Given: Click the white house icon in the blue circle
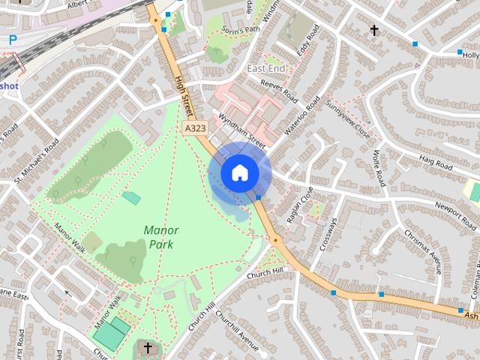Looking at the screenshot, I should [239, 172].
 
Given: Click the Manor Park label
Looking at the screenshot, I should [162, 236].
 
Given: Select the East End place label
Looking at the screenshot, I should [266, 69].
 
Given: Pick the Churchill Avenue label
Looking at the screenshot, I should [235, 334].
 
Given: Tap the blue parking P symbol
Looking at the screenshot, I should [13, 39].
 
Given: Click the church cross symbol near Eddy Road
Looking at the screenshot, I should [374, 30].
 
